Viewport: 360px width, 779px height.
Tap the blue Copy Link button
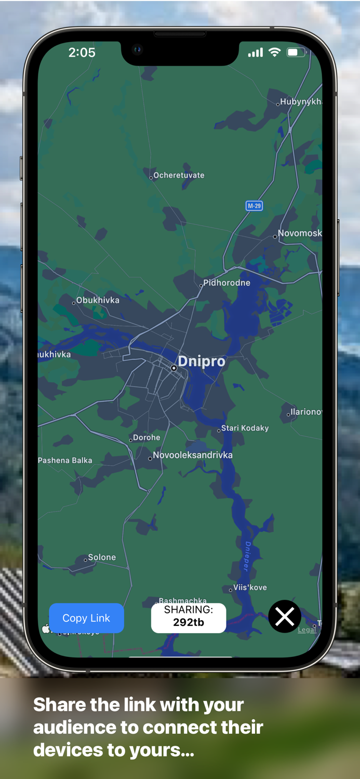click(86, 618)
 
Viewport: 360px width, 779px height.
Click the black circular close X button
click(285, 617)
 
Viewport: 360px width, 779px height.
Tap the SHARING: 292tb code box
click(189, 617)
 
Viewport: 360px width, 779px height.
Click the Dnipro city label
click(201, 361)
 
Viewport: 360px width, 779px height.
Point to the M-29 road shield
click(254, 206)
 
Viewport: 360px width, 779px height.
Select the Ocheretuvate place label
click(179, 176)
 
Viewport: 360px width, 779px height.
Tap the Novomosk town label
click(299, 234)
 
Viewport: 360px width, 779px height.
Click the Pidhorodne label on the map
click(226, 283)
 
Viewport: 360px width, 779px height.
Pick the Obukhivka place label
click(98, 300)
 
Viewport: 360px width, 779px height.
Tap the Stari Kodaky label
click(245, 428)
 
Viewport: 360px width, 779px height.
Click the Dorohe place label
click(146, 438)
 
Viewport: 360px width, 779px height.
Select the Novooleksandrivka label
click(192, 455)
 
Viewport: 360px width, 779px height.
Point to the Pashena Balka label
click(65, 461)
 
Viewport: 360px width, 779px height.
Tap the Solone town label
click(102, 557)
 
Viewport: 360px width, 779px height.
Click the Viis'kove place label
click(250, 587)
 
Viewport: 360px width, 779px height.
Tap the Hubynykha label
click(300, 102)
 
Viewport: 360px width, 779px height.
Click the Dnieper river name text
click(247, 556)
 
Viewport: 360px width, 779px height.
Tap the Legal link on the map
click(306, 629)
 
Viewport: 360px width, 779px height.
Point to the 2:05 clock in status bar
click(82, 52)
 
